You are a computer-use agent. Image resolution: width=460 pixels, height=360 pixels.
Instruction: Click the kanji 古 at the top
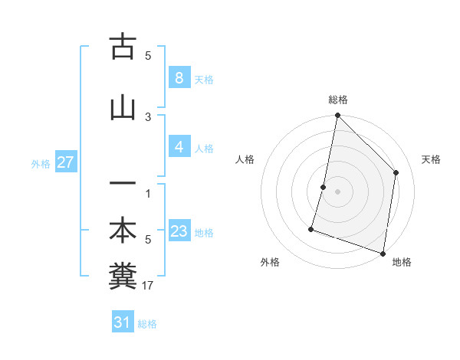click(123, 47)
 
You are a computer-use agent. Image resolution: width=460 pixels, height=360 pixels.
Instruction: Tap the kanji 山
click(123, 107)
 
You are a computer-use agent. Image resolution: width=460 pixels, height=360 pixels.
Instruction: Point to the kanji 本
click(123, 231)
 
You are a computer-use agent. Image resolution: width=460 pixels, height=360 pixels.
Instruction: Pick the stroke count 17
click(149, 286)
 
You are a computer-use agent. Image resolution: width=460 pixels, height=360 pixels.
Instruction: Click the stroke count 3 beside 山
click(148, 116)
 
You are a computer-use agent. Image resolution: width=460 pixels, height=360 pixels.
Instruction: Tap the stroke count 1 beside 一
click(148, 192)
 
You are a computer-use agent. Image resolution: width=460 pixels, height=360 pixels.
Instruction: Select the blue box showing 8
click(179, 78)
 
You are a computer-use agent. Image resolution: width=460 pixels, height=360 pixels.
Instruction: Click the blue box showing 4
click(179, 147)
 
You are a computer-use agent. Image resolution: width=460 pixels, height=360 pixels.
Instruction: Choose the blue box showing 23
click(179, 231)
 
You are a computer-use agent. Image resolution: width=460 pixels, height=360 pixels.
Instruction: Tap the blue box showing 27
click(64, 162)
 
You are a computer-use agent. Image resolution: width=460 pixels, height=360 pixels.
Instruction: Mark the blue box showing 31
click(123, 322)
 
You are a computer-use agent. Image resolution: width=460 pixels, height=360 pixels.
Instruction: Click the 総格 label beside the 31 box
click(148, 324)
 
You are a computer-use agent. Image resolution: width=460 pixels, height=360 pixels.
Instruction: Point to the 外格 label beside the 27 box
click(41, 163)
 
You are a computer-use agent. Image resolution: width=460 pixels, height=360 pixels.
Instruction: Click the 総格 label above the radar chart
click(337, 100)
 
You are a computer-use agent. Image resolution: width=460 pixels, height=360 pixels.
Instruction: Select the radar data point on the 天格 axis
click(396, 172)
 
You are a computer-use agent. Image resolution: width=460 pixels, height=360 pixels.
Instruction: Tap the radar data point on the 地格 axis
click(383, 253)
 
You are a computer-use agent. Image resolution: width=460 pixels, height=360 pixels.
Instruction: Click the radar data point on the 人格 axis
click(324, 187)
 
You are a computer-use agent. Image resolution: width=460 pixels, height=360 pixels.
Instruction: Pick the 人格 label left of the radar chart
click(245, 159)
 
